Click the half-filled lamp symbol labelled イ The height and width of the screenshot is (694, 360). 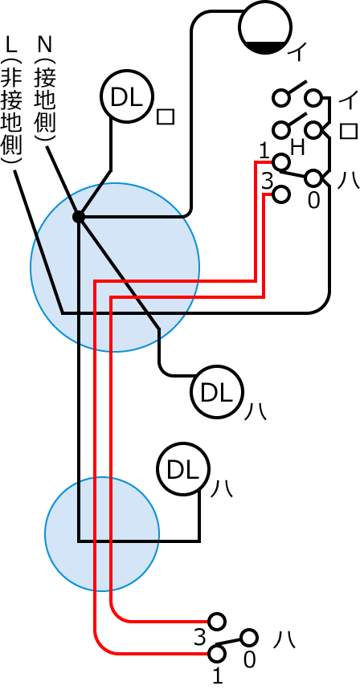pyautogui.click(x=266, y=27)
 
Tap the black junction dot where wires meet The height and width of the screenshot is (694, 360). pyautogui.click(x=79, y=217)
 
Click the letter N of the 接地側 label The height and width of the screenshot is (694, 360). pyautogui.click(x=45, y=44)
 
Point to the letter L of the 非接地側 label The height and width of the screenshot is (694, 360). pyautogui.click(x=11, y=44)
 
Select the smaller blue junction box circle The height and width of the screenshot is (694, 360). pyautogui.click(x=102, y=534)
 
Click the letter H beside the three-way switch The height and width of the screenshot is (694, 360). pyautogui.click(x=297, y=148)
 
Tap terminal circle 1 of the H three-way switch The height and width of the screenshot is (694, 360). pyautogui.click(x=280, y=162)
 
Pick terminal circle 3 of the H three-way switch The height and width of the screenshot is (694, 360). pyautogui.click(x=280, y=194)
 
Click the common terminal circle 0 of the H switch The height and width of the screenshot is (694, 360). pyautogui.click(x=313, y=178)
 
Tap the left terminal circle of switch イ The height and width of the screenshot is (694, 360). pyautogui.click(x=280, y=98)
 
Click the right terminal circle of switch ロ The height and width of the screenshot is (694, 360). pyautogui.click(x=313, y=129)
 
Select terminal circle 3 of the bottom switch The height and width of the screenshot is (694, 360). pyautogui.click(x=217, y=622)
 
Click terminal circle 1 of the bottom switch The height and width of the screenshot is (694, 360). pyautogui.click(x=217, y=653)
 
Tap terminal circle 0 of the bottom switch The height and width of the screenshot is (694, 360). pyautogui.click(x=249, y=638)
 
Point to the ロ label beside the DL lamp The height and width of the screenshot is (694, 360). pyautogui.click(x=166, y=116)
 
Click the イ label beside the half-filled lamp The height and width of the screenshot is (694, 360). pyautogui.click(x=297, y=53)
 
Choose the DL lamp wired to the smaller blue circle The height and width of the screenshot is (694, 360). pyautogui.click(x=183, y=470)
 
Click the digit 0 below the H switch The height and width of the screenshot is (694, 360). pyautogui.click(x=313, y=201)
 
